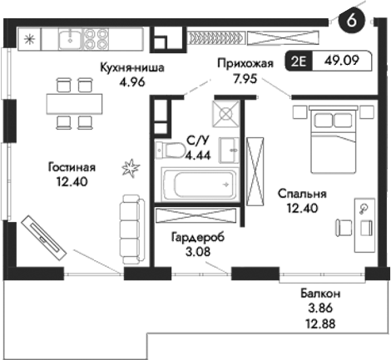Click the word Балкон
[319, 293]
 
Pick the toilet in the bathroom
[171, 150]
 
